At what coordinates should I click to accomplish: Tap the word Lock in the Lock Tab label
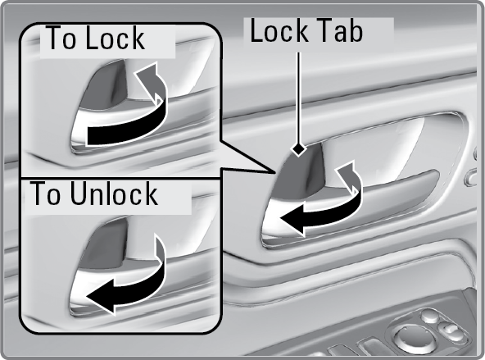(279, 30)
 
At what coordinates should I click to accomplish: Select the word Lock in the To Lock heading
(115, 38)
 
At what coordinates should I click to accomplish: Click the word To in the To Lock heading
(61, 38)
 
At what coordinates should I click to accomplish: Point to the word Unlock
(114, 194)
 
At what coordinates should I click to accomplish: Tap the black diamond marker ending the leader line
(298, 149)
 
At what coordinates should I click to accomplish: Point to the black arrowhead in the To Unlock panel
(102, 295)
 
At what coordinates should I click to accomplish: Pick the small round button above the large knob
(430, 316)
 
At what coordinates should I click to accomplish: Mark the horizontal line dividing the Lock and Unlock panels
(120, 178)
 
